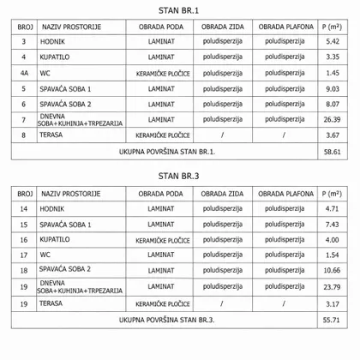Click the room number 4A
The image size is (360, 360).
(23, 73)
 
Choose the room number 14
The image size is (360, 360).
(23, 207)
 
